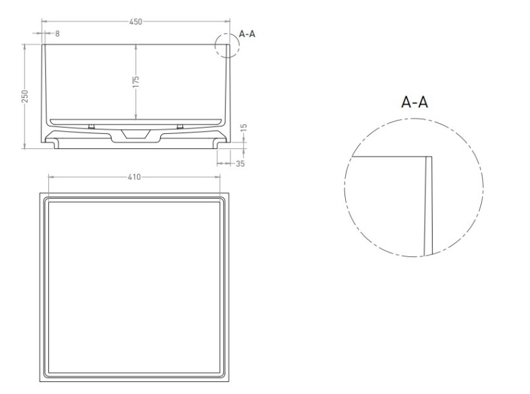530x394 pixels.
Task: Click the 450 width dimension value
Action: click(136, 22)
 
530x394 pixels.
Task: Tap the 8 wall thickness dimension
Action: click(57, 34)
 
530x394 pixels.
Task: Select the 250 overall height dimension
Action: click(25, 96)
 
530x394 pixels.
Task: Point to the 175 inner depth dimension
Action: click(136, 81)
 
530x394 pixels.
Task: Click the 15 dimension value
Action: click(244, 128)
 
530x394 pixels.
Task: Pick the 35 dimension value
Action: click(240, 164)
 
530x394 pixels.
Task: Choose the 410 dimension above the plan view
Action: click(134, 177)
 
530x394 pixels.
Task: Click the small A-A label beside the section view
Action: click(247, 34)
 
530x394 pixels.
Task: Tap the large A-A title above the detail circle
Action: click(415, 102)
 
